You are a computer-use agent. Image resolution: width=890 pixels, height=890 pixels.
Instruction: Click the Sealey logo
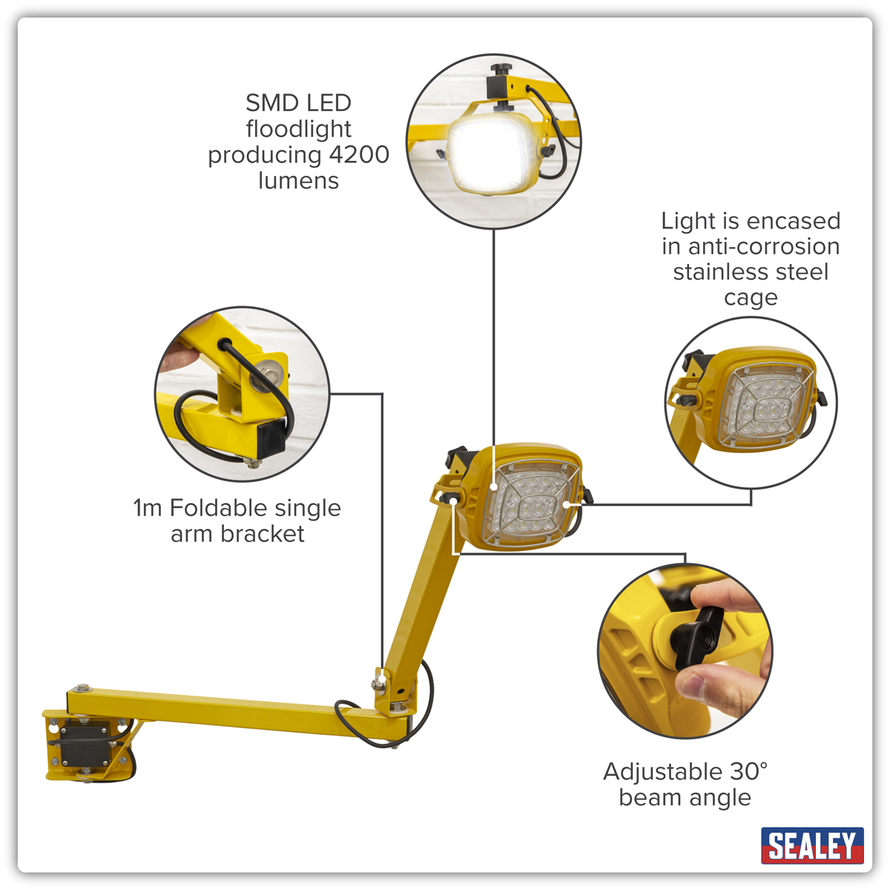pyautogui.click(x=812, y=845)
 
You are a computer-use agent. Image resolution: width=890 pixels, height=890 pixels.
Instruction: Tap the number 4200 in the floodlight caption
pyautogui.click(x=359, y=155)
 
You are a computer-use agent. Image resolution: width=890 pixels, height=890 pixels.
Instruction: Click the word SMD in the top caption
pyautogui.click(x=268, y=102)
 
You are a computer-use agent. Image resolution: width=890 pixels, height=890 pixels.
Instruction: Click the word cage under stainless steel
pyautogui.click(x=751, y=297)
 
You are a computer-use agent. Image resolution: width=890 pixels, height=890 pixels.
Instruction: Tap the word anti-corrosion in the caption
pyautogui.click(x=764, y=246)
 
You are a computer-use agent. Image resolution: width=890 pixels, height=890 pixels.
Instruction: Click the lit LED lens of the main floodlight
pyautogui.click(x=528, y=504)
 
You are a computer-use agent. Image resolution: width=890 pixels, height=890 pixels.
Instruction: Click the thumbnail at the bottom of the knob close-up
pyautogui.click(x=692, y=688)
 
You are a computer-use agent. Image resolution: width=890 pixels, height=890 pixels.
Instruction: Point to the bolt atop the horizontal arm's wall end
pyautogui.click(x=82, y=688)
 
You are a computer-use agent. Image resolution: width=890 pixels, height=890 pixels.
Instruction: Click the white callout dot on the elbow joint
pyautogui.click(x=380, y=678)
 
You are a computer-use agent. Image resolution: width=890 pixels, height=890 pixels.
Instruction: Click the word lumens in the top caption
pyautogui.click(x=298, y=180)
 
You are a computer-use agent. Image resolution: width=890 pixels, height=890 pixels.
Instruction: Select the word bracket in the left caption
pyautogui.click(x=263, y=533)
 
